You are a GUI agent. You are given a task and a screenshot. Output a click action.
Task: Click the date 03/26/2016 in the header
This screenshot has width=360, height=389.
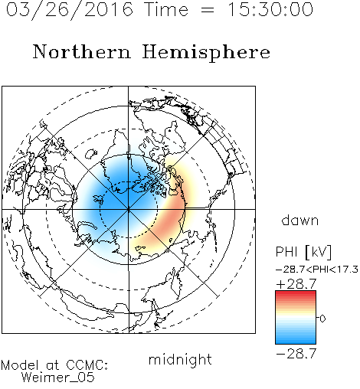70,9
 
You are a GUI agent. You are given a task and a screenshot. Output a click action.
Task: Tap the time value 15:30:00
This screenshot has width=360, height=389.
270,9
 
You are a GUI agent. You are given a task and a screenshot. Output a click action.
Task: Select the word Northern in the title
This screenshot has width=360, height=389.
82,51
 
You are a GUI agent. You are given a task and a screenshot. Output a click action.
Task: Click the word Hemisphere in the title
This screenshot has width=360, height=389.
206,52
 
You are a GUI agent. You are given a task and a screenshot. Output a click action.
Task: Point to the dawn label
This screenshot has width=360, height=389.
300,221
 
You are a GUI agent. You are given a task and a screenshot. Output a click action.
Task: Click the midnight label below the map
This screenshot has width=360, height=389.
180,359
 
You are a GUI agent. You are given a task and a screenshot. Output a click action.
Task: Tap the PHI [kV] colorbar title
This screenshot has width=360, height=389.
303,252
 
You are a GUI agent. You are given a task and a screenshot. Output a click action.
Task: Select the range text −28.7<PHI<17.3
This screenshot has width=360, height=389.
317,270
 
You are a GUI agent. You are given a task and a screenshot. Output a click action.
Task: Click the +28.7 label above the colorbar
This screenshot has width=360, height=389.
296,284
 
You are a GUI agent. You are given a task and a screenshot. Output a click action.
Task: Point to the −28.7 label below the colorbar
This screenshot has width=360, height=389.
296,354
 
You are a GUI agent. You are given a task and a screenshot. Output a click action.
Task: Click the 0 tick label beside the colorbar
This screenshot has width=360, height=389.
322,319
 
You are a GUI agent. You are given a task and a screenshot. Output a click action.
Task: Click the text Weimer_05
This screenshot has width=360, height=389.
58,377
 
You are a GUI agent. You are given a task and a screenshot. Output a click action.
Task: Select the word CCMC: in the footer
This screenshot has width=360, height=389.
87,365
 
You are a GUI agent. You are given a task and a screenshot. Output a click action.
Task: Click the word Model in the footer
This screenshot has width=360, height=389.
20,365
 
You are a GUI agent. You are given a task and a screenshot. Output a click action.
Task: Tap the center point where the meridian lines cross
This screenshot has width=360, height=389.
129,209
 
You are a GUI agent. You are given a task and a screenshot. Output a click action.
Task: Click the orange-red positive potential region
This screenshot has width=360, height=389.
170,220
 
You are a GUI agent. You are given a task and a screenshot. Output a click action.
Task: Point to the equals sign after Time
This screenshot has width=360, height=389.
208,10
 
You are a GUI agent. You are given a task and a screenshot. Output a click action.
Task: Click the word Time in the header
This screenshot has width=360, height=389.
166,9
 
